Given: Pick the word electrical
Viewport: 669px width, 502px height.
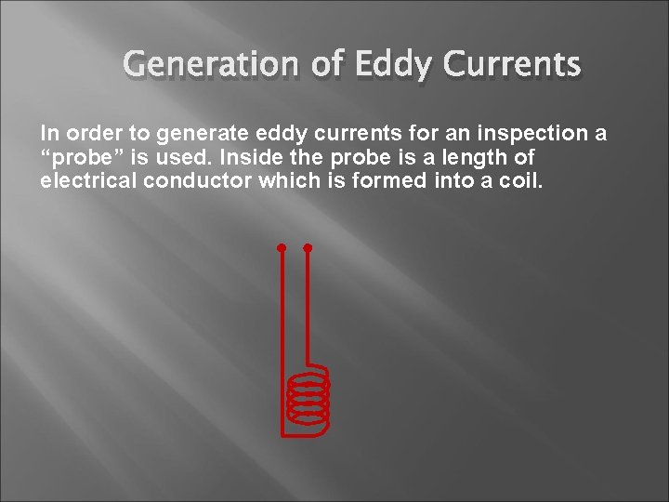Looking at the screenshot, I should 88,180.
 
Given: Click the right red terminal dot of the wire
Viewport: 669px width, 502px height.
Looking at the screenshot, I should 308,248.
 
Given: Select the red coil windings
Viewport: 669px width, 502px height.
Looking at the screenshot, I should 308,397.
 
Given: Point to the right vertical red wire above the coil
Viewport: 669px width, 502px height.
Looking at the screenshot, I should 308,307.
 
